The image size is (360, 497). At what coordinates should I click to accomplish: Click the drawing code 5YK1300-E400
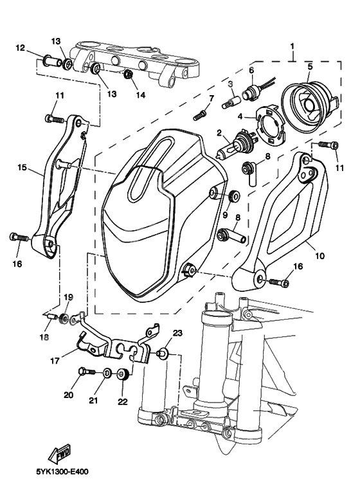point(62,472)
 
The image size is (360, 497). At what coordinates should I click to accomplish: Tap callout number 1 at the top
point(292,46)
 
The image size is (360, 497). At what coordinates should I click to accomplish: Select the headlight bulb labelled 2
point(233,144)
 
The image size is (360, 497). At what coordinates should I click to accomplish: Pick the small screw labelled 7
point(200,116)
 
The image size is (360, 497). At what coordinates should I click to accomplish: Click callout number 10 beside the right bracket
point(320,255)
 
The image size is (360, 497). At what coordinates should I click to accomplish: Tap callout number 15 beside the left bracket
point(22,167)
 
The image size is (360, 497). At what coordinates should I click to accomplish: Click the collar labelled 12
point(51,61)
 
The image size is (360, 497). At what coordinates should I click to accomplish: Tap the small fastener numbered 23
point(161,352)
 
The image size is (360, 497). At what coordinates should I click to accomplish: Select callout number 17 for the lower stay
point(55,361)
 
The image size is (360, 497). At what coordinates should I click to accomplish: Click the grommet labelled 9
point(234,195)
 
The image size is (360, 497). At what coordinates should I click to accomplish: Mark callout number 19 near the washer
point(68,297)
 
